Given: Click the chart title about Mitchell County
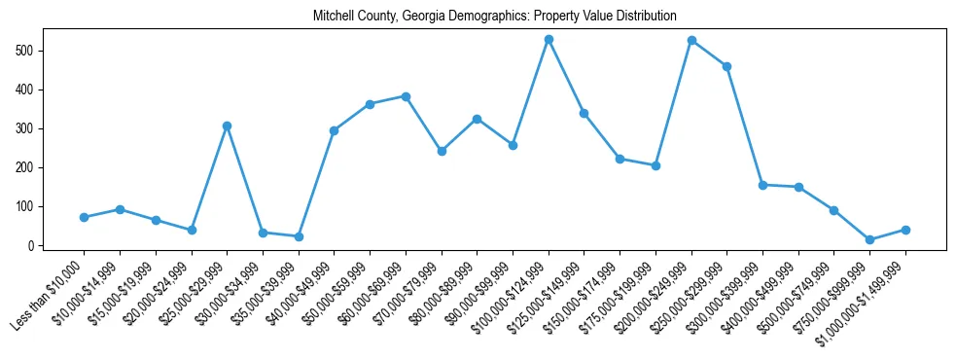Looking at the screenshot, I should point(494,17).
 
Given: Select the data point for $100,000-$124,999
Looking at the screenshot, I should point(549,39).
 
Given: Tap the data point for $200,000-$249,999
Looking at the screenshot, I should point(691,40).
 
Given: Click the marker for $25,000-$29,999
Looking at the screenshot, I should point(227,126).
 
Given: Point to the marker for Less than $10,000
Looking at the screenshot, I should point(84,217).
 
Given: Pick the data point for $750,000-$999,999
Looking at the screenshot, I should point(869,239).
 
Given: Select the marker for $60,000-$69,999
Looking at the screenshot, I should point(406,96).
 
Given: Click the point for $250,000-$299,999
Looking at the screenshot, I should point(726,66).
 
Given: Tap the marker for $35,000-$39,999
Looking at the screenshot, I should point(299,236).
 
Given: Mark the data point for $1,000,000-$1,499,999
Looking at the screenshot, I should point(905,230).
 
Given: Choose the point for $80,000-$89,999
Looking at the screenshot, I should point(477,119).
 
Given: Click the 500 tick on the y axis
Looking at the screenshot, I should point(26,50).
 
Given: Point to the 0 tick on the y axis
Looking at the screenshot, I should point(32,245).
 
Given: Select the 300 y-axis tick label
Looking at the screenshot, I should point(26,128).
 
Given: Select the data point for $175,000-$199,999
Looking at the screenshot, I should point(655,165).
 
